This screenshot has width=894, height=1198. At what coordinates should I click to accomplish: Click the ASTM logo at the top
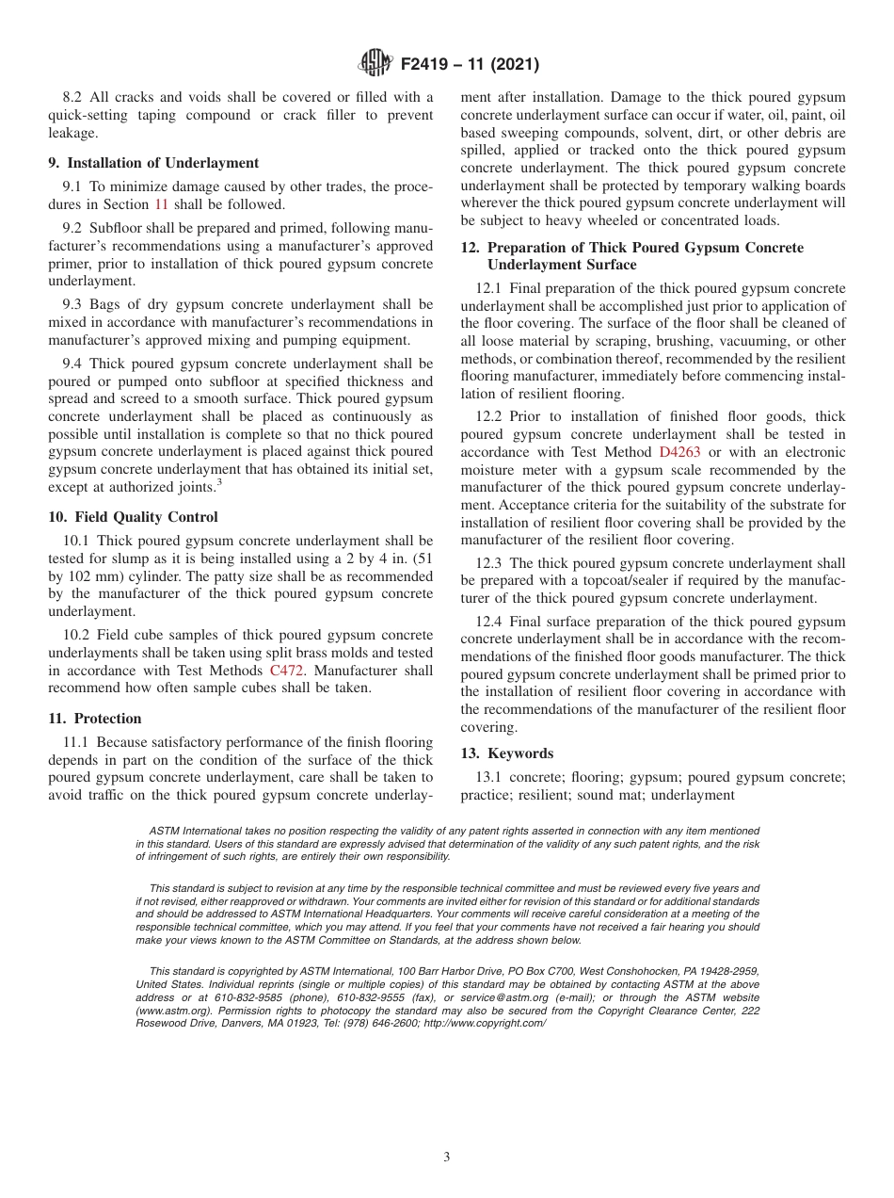(375, 64)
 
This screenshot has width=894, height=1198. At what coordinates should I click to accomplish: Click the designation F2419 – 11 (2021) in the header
(470, 65)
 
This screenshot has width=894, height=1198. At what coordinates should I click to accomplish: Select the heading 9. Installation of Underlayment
(153, 163)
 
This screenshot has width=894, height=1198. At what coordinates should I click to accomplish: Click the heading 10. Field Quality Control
(133, 517)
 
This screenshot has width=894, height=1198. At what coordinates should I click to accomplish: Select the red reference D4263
(679, 452)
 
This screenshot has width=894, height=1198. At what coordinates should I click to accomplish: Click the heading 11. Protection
(95, 719)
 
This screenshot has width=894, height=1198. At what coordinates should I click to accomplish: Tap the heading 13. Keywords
(507, 753)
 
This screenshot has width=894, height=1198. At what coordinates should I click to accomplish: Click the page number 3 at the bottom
(447, 1158)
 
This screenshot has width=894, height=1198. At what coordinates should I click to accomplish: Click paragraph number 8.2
(73, 97)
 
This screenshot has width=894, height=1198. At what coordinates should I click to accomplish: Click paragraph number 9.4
(73, 364)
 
